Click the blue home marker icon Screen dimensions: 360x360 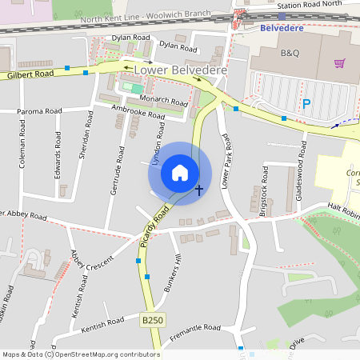click(x=180, y=173)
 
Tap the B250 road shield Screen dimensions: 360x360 click(x=151, y=320)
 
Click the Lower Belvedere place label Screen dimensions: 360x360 click(x=182, y=70)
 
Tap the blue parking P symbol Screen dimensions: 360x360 click(x=306, y=103)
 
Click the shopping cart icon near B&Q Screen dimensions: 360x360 click(x=340, y=63)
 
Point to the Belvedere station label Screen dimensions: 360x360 click(x=284, y=27)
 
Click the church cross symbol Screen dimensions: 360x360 click(x=199, y=190)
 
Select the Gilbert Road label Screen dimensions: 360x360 click(x=30, y=74)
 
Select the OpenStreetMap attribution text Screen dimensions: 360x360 click(x=80, y=354)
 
